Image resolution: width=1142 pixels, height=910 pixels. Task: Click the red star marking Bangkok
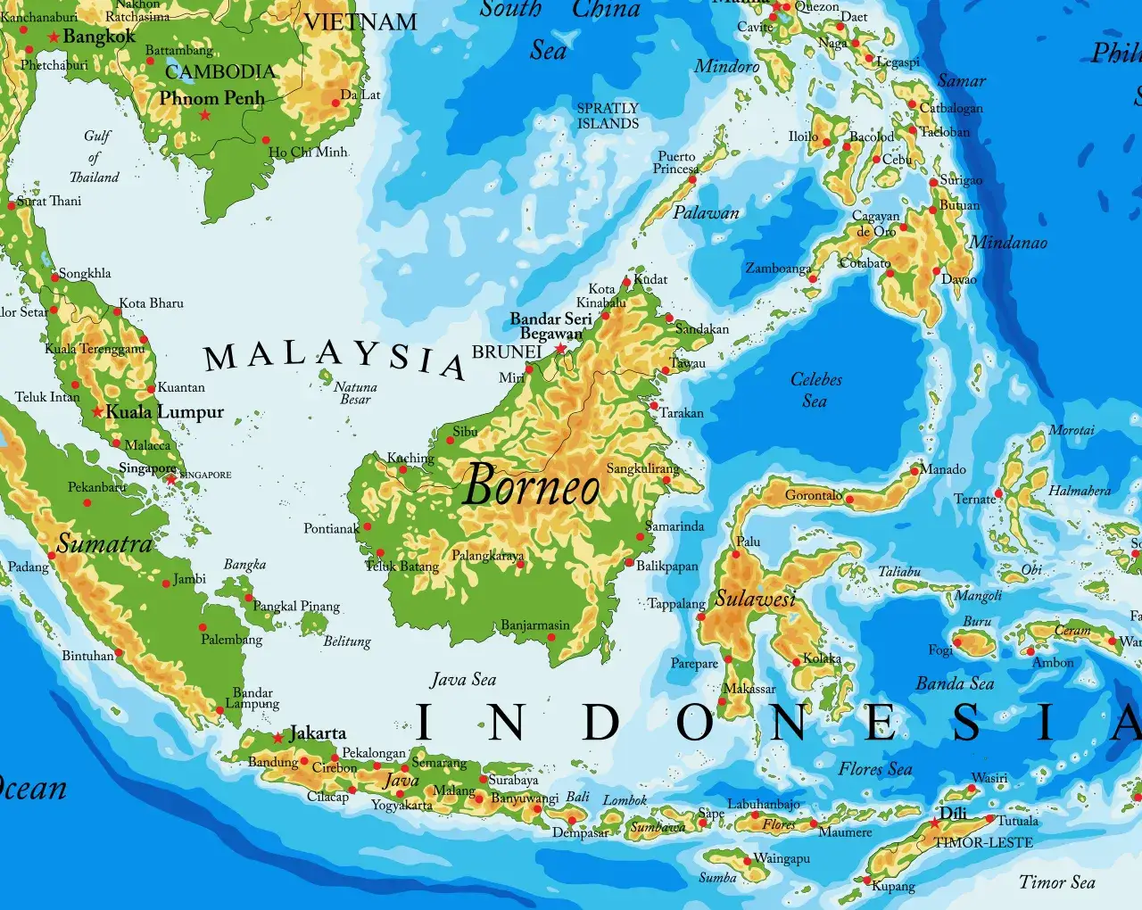pyautogui.click(x=54, y=37)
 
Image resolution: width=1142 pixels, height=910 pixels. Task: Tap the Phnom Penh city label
pyautogui.click(x=211, y=98)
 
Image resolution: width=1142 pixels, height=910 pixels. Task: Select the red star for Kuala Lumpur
pyautogui.click(x=97, y=412)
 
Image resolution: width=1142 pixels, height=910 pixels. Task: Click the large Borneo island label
pyautogui.click(x=532, y=486)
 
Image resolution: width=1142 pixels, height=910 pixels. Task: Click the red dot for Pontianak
pyautogui.click(x=368, y=527)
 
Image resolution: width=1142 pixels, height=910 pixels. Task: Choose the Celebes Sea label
pyautogui.click(x=815, y=390)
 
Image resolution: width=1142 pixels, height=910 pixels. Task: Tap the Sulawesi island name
pyautogui.click(x=755, y=599)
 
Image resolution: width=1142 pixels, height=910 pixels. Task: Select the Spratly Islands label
pyautogui.click(x=608, y=116)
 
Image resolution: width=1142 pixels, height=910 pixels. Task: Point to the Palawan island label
pyautogui.click(x=706, y=212)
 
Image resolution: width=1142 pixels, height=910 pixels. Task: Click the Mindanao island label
pyautogui.click(x=1008, y=243)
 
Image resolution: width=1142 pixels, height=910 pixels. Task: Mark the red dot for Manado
pyautogui.click(x=915, y=469)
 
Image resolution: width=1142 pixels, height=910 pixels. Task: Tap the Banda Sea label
pyautogui.click(x=955, y=683)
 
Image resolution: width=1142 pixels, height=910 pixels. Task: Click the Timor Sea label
pyautogui.click(x=1057, y=882)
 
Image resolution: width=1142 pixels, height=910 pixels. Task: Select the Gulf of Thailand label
pyautogui.click(x=95, y=156)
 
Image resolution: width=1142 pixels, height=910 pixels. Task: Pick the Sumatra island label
pyautogui.click(x=104, y=543)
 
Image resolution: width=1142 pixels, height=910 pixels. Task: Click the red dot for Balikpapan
pyautogui.click(x=629, y=563)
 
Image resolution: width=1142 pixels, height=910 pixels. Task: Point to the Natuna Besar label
pyautogui.click(x=355, y=393)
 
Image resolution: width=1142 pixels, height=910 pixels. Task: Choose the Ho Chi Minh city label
pyautogui.click(x=308, y=153)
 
